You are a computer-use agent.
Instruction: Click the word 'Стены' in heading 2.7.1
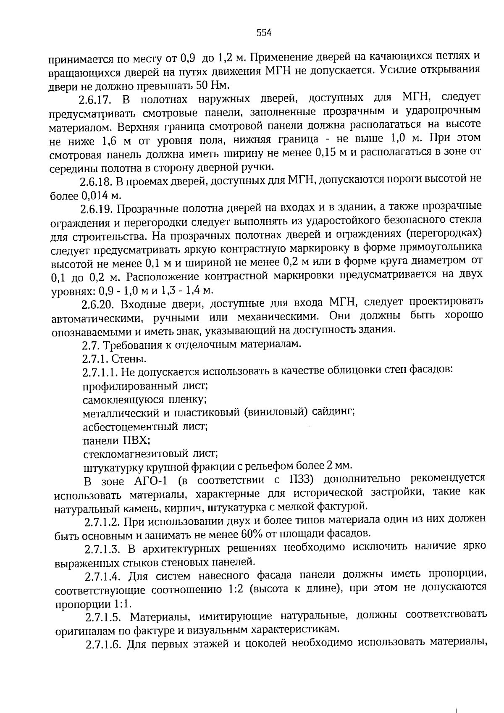pos(134,359)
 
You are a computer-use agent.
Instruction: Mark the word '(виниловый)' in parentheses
pos(276,413)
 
